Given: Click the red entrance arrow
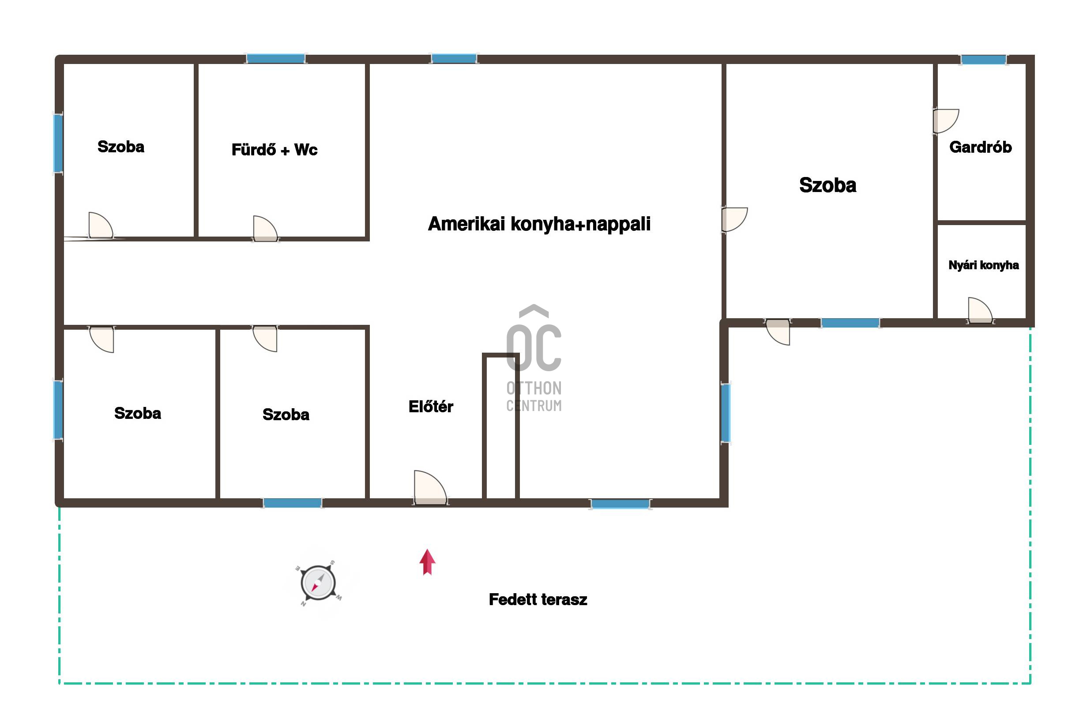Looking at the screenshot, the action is (427, 562).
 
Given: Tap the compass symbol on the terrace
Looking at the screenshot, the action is (319, 583).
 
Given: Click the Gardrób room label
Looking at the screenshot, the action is (980, 147).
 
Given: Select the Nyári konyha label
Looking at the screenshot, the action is (983, 265).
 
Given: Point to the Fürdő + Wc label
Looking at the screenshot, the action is (274, 150).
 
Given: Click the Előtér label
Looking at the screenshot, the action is (431, 406).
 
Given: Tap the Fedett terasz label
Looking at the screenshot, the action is (538, 599).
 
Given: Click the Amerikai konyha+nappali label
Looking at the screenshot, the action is (539, 224).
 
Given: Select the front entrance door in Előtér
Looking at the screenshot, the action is (430, 488).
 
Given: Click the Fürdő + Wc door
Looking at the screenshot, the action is (265, 228).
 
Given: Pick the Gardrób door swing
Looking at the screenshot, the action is (946, 121).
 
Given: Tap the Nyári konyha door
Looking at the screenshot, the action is (980, 310).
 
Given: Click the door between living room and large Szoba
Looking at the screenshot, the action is (734, 219).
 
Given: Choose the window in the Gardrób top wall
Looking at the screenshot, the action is (983, 60).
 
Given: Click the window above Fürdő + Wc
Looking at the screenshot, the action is (275, 58).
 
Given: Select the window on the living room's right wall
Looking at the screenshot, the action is (725, 413).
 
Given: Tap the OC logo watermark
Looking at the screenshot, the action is (534, 338).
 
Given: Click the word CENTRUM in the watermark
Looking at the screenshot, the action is (534, 405).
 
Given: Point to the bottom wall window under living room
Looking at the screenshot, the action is (620, 504).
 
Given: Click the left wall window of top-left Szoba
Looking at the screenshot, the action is (58, 143).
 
